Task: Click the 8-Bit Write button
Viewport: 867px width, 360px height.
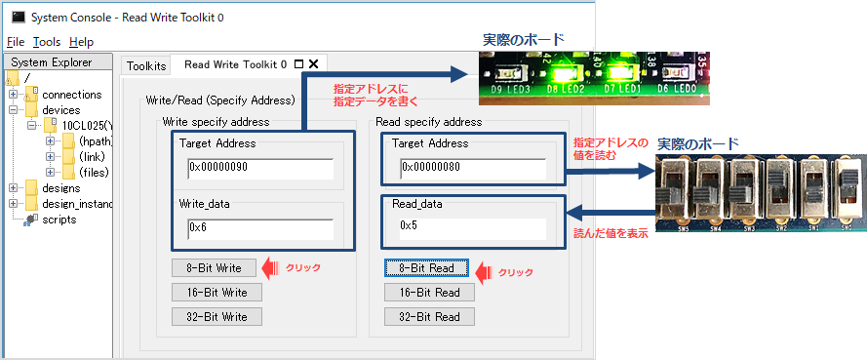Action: [214, 267]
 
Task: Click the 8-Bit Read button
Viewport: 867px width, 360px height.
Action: [426, 267]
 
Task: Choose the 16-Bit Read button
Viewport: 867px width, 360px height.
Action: [429, 292]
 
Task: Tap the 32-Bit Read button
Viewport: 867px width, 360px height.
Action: [429, 316]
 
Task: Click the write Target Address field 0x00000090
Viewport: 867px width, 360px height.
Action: [260, 168]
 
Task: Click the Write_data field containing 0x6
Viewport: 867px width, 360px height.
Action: [260, 228]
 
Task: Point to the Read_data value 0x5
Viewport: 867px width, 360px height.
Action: [472, 226]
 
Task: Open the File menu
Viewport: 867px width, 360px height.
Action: [15, 42]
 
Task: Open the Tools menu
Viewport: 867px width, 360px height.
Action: [47, 42]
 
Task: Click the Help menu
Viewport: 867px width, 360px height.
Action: [82, 42]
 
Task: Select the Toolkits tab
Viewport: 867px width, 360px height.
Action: [147, 65]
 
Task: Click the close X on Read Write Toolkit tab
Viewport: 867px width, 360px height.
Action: [313, 64]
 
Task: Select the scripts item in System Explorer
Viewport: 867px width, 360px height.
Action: [59, 220]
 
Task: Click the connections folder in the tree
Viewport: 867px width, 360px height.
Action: [71, 95]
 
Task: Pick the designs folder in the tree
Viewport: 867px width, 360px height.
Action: [61, 188]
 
